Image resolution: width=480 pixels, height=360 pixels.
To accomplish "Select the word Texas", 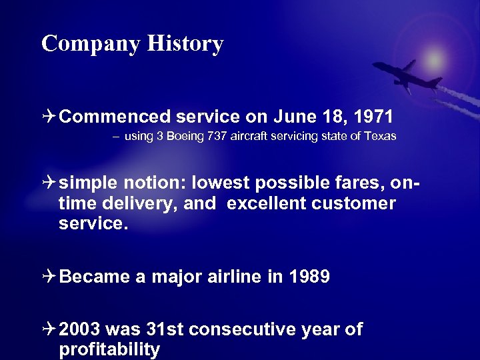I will (382, 136).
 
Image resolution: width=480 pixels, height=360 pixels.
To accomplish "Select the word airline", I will (231, 277).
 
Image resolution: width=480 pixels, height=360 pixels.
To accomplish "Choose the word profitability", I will (109, 349).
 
